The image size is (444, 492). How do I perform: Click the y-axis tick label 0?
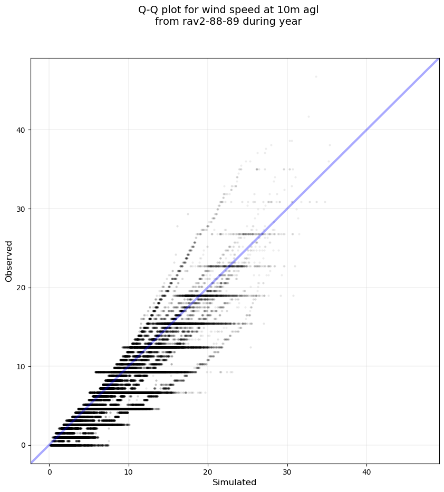23,445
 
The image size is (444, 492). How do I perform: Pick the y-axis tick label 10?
21,366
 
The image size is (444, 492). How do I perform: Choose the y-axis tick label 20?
21,288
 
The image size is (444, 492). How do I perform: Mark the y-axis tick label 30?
21,209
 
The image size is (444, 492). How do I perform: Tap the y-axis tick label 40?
21,130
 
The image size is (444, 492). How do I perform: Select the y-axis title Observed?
9,261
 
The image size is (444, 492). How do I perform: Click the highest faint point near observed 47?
316,76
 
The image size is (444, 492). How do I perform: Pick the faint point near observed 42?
308,117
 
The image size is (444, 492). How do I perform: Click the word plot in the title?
173,9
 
